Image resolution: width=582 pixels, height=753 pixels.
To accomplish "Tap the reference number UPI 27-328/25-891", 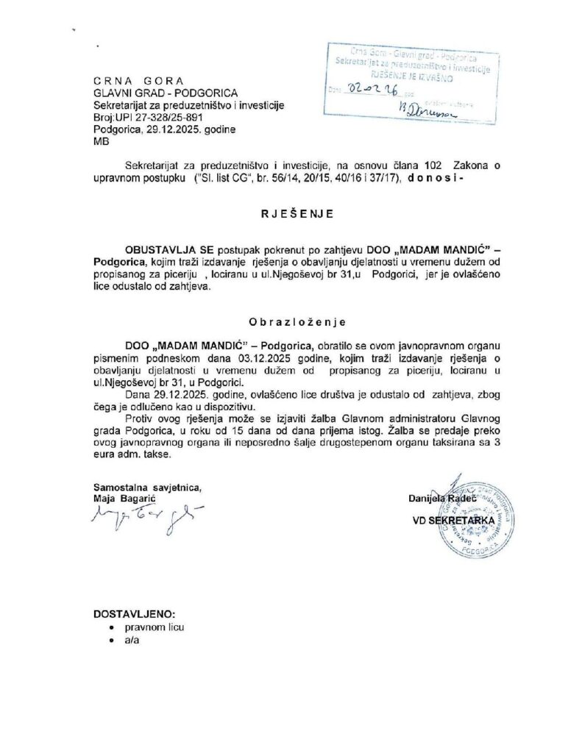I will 150,116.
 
